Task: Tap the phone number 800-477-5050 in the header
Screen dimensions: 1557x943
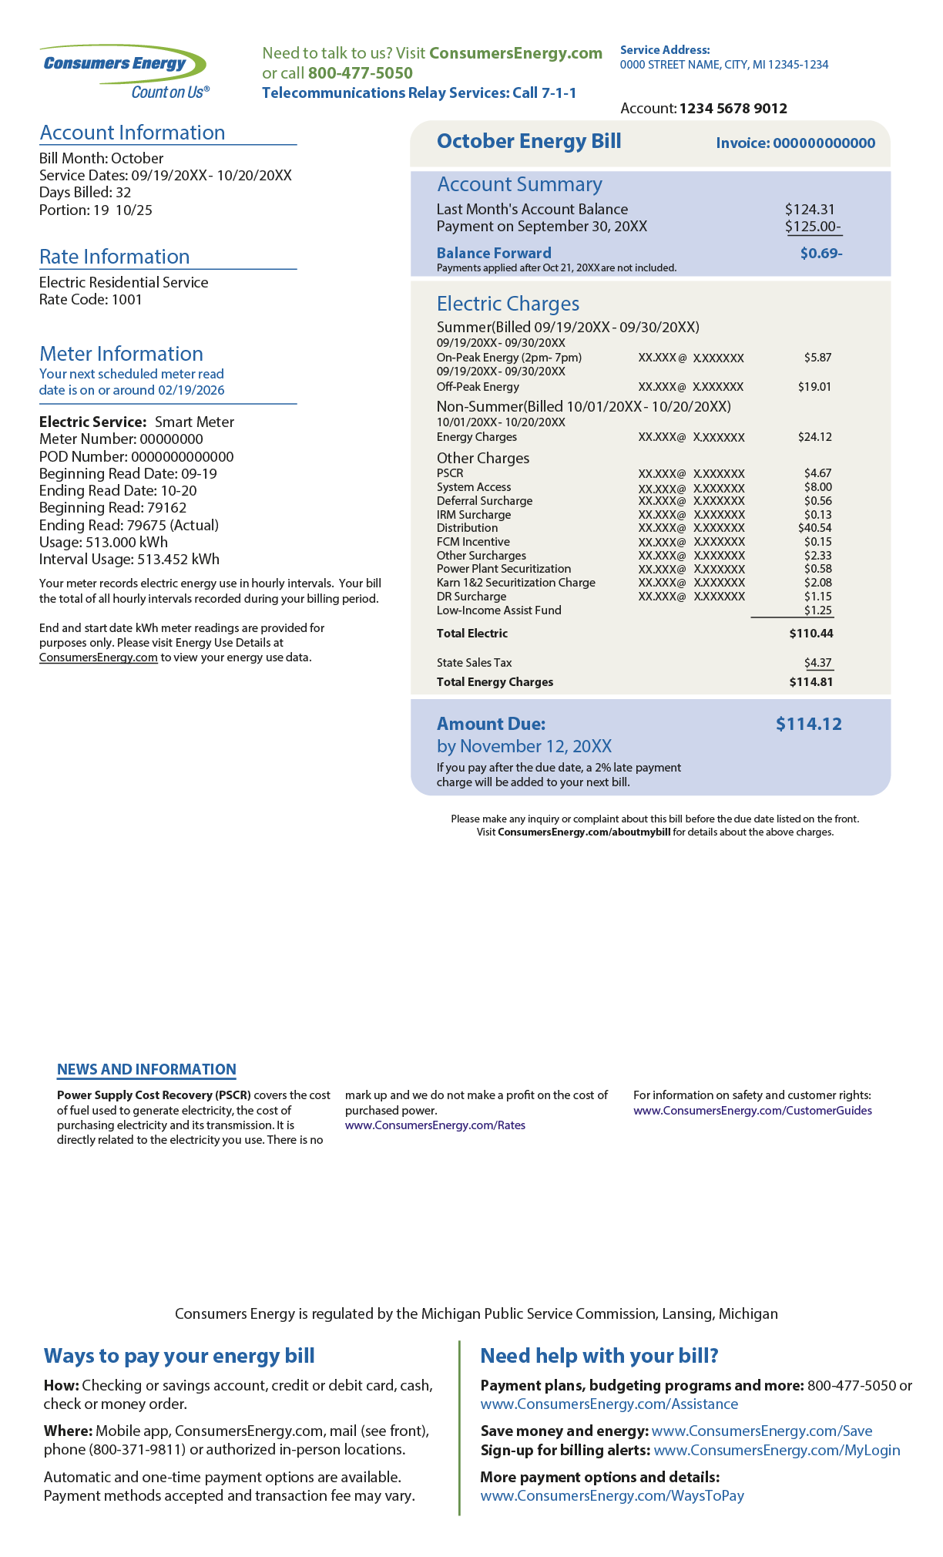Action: [x=360, y=73]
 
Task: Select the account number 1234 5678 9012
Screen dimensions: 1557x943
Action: [x=733, y=109]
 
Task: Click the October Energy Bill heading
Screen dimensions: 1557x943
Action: [x=529, y=141]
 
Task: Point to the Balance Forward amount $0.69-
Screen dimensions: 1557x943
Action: [x=821, y=253]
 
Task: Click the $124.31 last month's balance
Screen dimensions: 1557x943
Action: [x=810, y=209]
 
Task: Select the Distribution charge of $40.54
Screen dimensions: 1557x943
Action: [x=815, y=528]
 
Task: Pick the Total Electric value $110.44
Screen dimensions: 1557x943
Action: [x=811, y=634]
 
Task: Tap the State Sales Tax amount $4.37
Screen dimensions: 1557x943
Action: [x=818, y=663]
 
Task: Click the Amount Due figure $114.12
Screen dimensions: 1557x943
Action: [x=808, y=724]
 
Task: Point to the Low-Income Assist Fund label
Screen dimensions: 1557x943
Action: [x=498, y=610]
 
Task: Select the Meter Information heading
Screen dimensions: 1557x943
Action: [x=121, y=354]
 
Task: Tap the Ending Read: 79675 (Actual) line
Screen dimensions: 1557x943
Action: [x=129, y=525]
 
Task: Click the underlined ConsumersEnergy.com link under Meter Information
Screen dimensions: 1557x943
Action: [x=99, y=657]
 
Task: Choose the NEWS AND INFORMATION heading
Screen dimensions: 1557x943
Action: [x=146, y=1069]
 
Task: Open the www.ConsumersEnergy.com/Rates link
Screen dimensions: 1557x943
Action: [x=435, y=1125]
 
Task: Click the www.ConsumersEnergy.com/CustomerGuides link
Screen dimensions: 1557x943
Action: [x=753, y=1111]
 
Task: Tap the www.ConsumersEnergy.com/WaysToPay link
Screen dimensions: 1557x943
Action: [x=612, y=1495]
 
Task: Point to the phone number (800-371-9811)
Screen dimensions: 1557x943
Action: [x=138, y=1449]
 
